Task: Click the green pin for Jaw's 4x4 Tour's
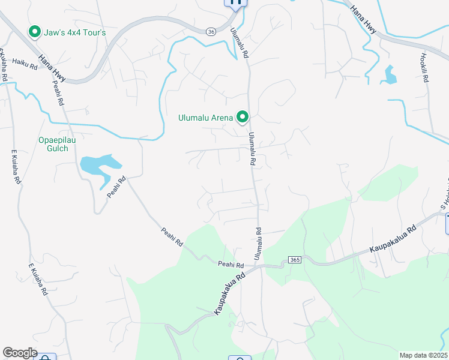click(x=35, y=32)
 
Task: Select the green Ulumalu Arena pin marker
click(x=243, y=117)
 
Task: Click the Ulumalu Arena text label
click(x=205, y=118)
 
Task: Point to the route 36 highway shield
click(x=210, y=31)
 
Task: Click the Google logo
click(x=20, y=353)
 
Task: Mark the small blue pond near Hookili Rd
click(x=391, y=74)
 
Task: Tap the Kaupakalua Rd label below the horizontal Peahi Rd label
click(x=229, y=292)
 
